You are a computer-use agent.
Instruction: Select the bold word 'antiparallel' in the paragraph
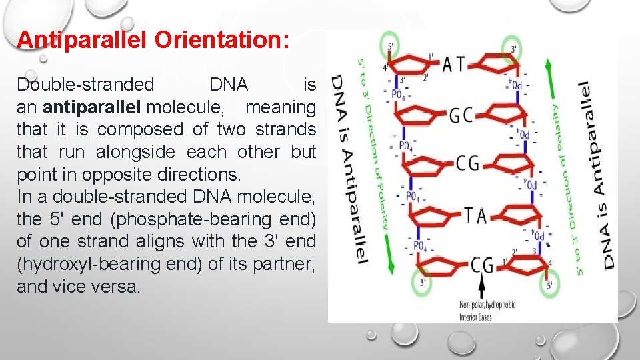point(93,107)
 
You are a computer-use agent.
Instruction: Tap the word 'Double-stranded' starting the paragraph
point(85,85)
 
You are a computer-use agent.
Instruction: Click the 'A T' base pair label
point(456,65)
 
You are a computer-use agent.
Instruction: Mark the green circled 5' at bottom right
point(549,284)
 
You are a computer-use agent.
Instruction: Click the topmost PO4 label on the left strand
point(399,95)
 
